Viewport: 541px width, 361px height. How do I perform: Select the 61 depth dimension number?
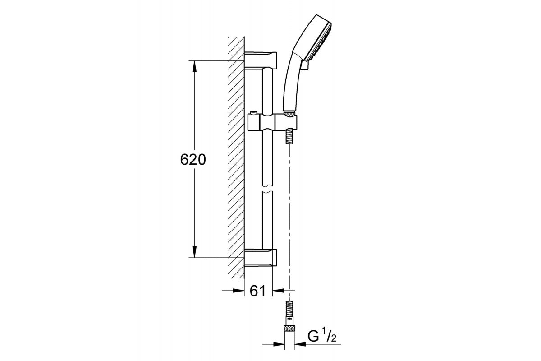(257, 291)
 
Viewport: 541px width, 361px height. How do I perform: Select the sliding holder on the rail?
(273, 122)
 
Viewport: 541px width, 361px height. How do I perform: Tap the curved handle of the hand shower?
(291, 81)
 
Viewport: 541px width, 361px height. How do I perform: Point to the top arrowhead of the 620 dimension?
(194, 66)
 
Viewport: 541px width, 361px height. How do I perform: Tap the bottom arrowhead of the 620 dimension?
(194, 252)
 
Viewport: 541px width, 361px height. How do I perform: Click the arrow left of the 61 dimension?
(238, 291)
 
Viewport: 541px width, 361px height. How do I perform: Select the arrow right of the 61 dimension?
(280, 291)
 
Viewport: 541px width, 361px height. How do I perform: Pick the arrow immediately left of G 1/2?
(299, 345)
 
